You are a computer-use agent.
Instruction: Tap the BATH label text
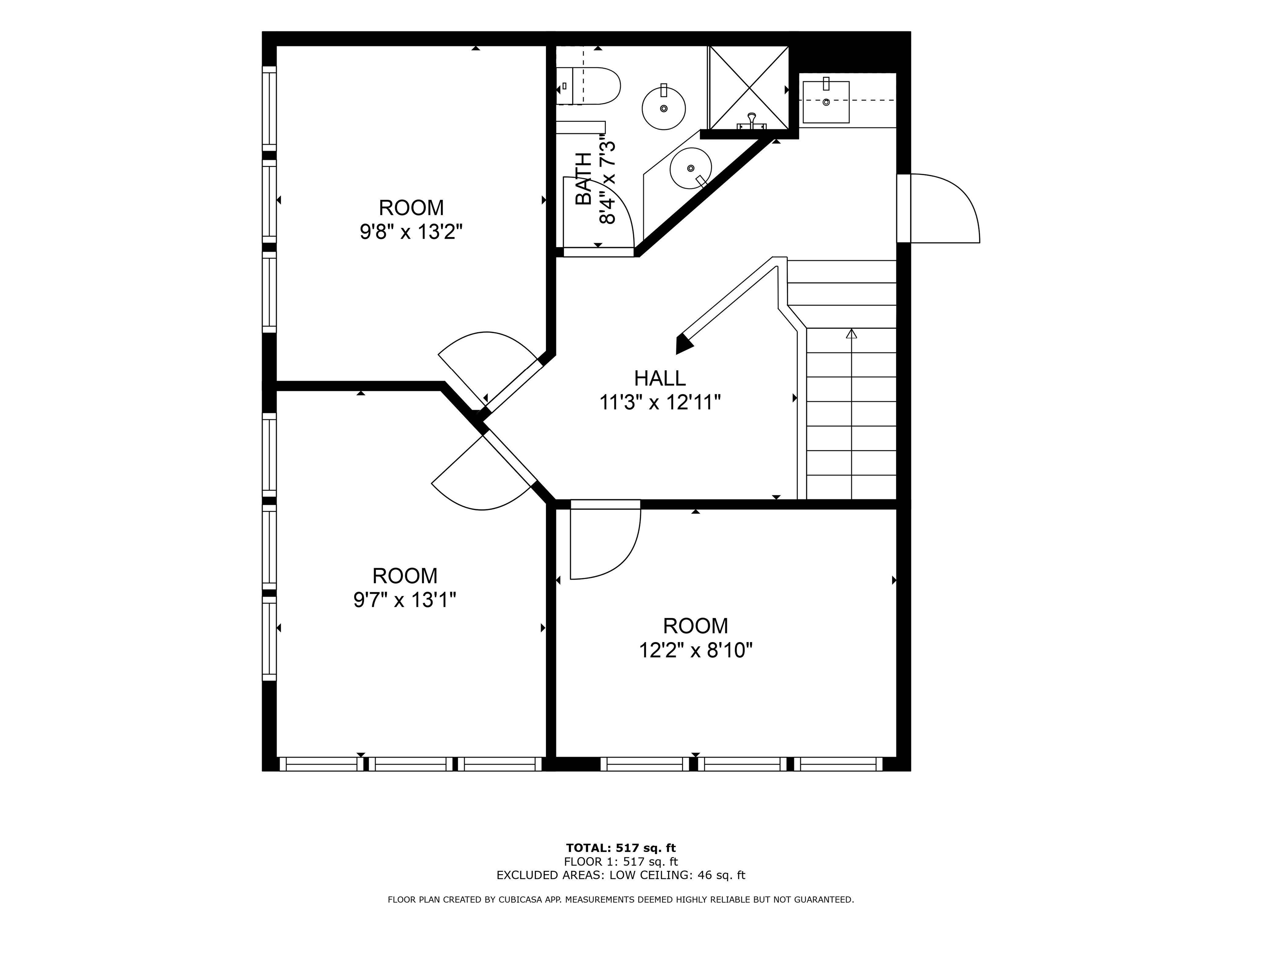583,179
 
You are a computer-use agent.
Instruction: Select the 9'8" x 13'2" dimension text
411,232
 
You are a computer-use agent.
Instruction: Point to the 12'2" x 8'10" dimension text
695,650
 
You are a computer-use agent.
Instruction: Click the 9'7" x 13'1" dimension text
405,600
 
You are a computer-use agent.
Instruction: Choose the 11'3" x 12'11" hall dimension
660,402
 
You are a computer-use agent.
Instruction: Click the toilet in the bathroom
588,86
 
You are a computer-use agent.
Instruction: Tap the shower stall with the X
749,88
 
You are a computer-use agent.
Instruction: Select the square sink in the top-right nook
825,102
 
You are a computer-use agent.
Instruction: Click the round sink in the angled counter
691,168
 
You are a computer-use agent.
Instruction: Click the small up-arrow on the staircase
852,333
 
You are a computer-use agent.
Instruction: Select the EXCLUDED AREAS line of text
621,875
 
